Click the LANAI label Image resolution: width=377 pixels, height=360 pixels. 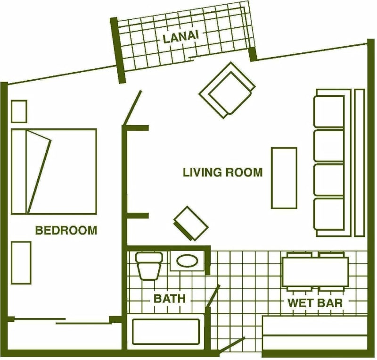point(181,39)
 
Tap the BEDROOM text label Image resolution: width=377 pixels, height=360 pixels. point(66,230)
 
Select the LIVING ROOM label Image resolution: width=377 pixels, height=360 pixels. point(222,172)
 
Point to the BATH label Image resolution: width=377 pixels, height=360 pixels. point(170,299)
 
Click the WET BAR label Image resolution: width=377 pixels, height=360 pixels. point(315,303)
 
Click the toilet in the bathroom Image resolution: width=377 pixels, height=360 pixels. point(149,266)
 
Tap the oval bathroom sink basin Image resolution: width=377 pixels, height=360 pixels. point(187,260)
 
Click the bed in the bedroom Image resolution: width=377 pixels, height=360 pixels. point(54,171)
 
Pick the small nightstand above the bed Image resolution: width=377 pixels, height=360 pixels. point(19,111)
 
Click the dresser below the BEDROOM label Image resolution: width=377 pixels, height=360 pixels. point(21,263)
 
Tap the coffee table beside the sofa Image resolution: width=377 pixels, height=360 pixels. point(284,178)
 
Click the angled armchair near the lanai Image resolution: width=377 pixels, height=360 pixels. point(227,90)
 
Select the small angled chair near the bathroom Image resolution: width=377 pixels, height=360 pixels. point(191,224)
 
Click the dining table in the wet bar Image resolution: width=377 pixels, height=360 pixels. point(315,272)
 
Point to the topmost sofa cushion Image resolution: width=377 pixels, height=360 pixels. point(329,111)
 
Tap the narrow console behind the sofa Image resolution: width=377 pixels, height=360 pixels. point(360,162)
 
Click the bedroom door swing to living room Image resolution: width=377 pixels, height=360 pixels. point(132,108)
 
